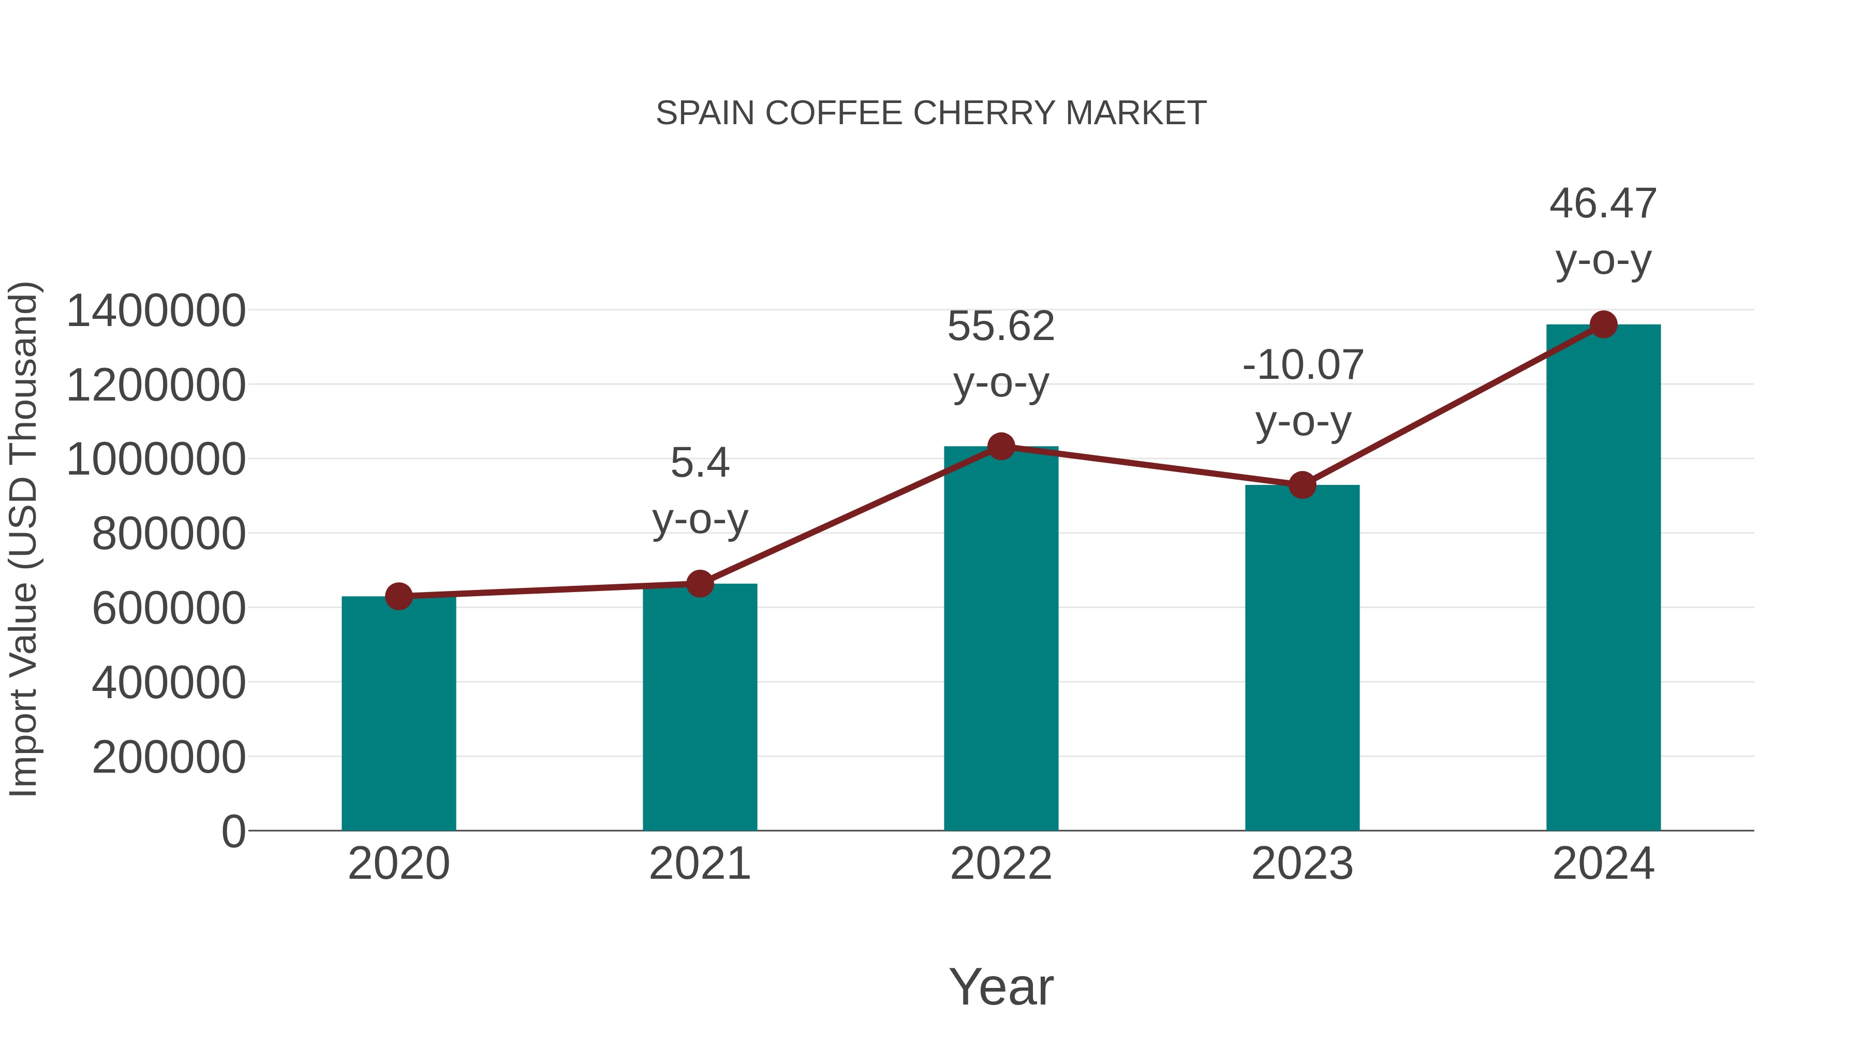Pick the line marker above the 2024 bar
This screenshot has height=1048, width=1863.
[x=1603, y=324]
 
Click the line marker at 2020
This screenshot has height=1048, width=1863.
[x=398, y=596]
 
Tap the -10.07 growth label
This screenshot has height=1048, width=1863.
[x=1303, y=365]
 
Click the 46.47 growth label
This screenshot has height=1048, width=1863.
[x=1603, y=204]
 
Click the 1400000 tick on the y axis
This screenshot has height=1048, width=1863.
[x=155, y=311]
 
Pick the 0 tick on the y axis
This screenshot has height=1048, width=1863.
[x=233, y=831]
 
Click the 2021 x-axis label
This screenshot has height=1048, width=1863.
[x=699, y=864]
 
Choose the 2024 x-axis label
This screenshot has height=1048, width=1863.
[x=1603, y=864]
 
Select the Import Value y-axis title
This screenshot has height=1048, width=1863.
[x=23, y=539]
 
